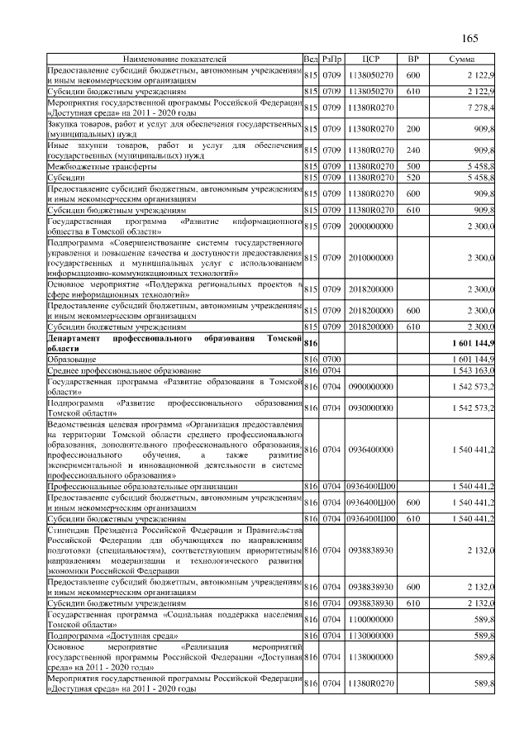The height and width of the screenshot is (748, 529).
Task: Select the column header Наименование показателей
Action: click(174, 60)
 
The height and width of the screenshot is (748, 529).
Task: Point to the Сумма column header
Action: click(461, 60)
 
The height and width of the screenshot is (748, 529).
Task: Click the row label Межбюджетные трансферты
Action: click(102, 166)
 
